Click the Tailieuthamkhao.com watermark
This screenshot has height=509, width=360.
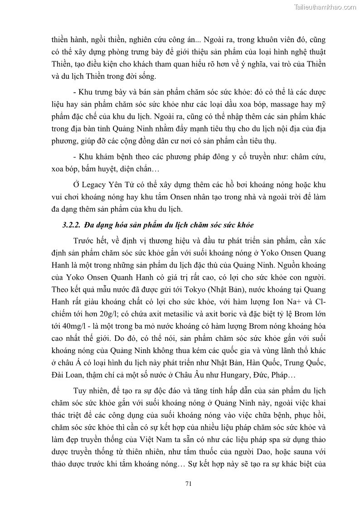325,7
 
